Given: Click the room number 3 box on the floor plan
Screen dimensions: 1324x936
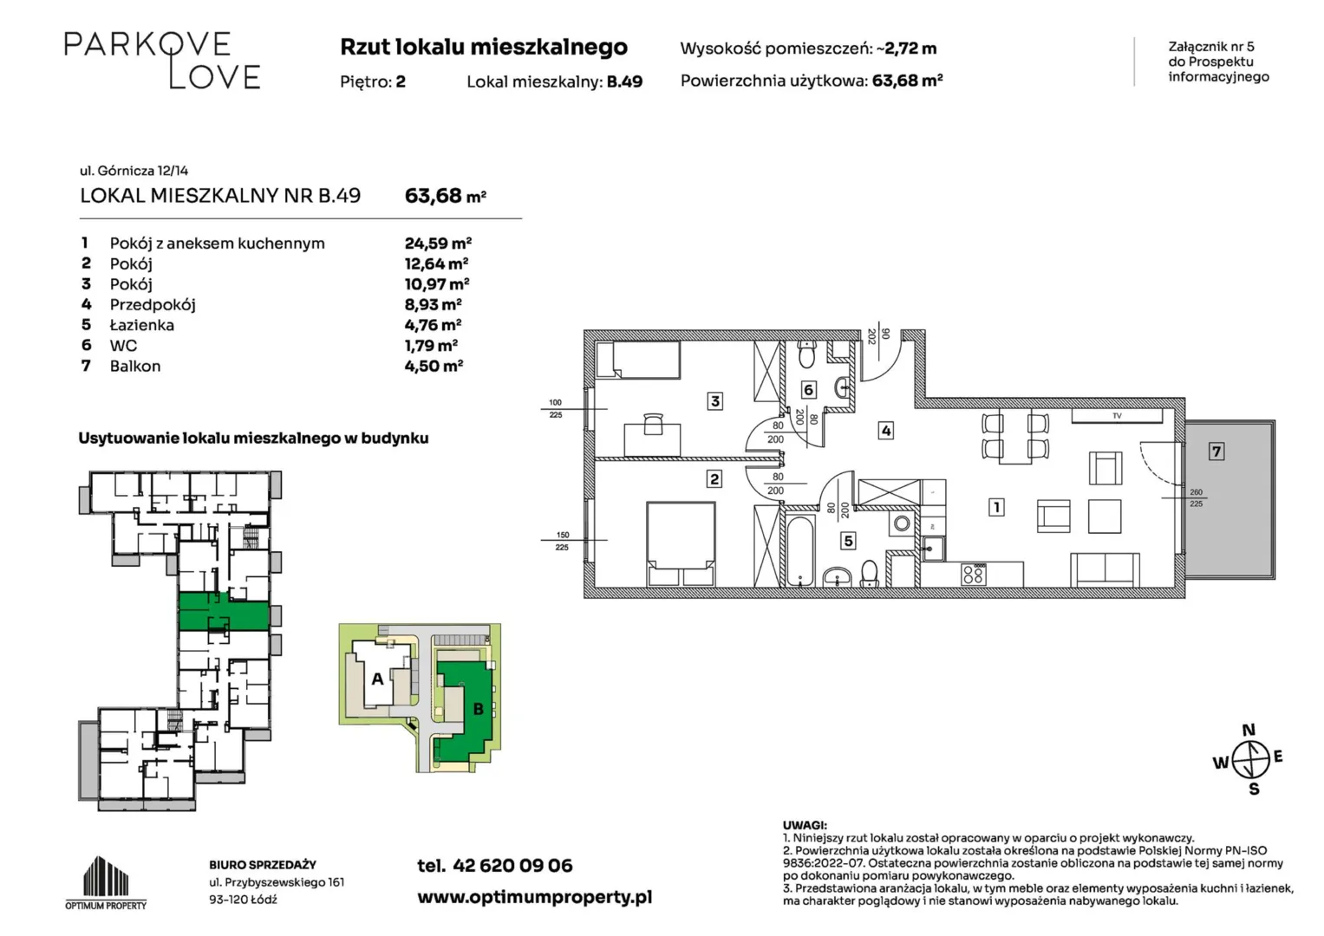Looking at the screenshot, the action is (x=715, y=402).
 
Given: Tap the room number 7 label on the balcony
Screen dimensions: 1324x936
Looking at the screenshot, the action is (x=1216, y=452).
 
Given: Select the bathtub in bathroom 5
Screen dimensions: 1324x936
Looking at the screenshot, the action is (x=800, y=550).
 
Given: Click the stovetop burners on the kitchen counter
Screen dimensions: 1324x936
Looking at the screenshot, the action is (x=974, y=574).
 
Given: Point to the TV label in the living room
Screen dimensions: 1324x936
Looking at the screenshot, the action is (x=1117, y=416).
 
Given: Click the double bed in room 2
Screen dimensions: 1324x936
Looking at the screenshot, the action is (x=681, y=544).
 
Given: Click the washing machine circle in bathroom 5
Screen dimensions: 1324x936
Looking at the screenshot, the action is (x=902, y=523).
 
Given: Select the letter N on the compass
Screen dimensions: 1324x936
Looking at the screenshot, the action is (x=1249, y=730).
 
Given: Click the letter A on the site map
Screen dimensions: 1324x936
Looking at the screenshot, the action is (x=377, y=679).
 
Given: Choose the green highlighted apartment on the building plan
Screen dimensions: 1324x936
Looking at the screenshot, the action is (x=224, y=612).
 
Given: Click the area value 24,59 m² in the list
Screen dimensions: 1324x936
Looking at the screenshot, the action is (x=438, y=243).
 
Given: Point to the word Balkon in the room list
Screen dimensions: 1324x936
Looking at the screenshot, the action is (x=135, y=367).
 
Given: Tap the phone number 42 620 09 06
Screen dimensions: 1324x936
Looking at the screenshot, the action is (x=512, y=866).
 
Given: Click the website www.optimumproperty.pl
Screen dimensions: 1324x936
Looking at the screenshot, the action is (x=534, y=898).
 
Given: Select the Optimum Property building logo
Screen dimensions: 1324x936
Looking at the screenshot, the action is (x=106, y=882).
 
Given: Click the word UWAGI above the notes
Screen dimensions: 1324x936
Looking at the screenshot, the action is (x=805, y=825).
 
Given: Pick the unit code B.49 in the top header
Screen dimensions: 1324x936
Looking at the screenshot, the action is (x=625, y=81).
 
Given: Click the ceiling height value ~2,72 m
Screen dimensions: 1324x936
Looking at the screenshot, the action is (x=907, y=49).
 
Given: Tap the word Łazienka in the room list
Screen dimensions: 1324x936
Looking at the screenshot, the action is (x=142, y=325).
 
